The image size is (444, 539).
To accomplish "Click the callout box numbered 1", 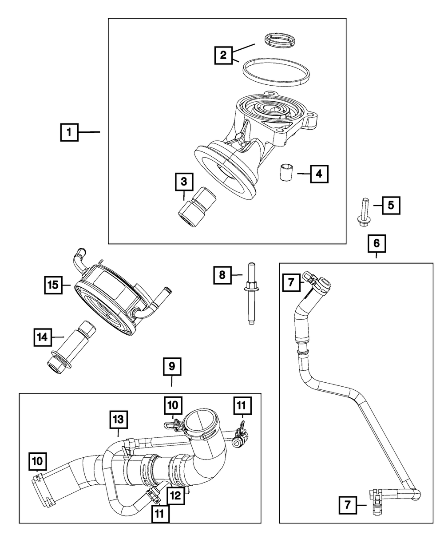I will (x=69, y=132).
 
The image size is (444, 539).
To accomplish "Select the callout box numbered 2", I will (x=223, y=55).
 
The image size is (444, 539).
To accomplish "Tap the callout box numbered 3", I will (x=184, y=182).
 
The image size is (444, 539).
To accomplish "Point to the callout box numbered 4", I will (x=319, y=174).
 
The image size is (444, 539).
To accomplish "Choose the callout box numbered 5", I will (x=391, y=205).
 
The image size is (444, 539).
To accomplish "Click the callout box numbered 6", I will (x=377, y=243).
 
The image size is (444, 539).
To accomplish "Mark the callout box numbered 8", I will (x=222, y=274).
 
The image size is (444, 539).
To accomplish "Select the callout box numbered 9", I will (x=172, y=367).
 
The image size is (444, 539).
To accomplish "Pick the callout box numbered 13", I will (x=119, y=420).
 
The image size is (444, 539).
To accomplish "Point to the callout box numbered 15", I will (x=53, y=285).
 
